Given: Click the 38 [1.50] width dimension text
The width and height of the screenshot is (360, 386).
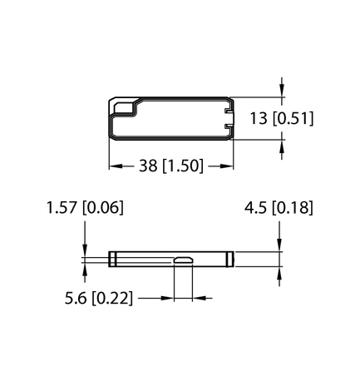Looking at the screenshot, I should coord(171,166).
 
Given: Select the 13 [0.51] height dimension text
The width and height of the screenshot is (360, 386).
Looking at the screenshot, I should coord(280,118).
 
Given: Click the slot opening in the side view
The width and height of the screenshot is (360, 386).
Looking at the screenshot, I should coord(183,262).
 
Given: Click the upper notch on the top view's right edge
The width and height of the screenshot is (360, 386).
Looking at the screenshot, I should coord(229,108).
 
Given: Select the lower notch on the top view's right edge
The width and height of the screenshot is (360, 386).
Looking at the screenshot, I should coord(229,128).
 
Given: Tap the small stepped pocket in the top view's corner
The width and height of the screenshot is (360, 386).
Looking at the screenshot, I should coord(123,107).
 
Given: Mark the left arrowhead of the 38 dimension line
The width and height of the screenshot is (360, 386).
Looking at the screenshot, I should coord(116,166).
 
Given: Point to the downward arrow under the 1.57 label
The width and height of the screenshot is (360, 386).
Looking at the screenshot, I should coord(85,247).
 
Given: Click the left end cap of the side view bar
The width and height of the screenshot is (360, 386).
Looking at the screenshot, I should coord(111,259).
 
